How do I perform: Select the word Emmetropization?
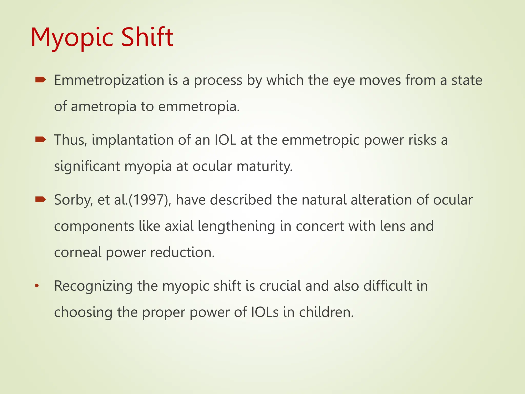[x=109, y=80]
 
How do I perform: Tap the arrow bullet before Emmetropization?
[x=41, y=80]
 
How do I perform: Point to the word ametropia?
[x=104, y=107]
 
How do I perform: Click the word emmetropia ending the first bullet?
[x=199, y=107]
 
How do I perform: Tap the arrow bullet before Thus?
[x=41, y=140]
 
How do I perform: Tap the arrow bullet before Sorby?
[x=41, y=200]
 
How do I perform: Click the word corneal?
[x=78, y=252]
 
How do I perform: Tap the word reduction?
[x=182, y=252]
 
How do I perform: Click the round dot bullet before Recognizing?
[x=37, y=286]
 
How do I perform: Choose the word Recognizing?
[x=93, y=287]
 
